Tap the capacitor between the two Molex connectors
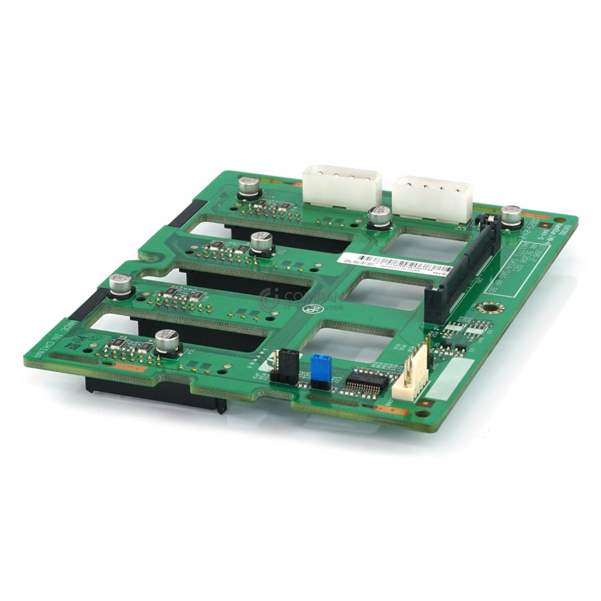[379, 218]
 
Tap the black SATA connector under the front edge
[156, 394]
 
